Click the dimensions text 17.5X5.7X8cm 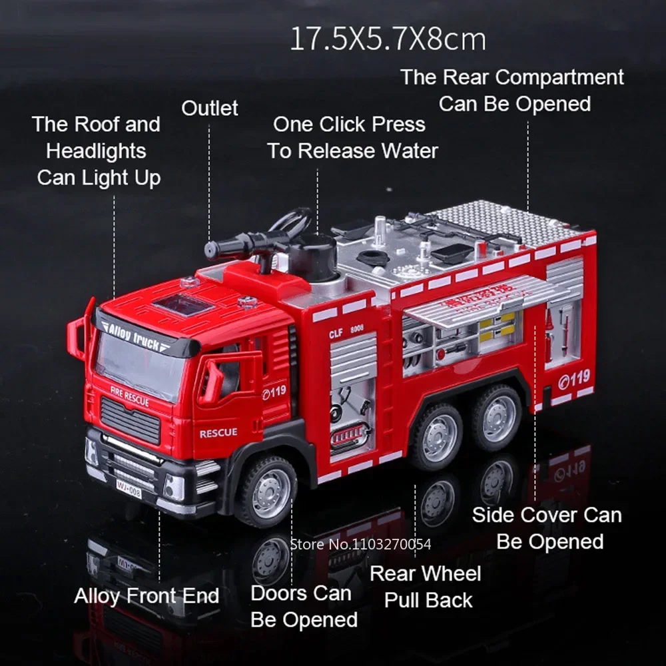[388, 41]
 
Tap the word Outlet [210, 109]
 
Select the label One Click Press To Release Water [352, 137]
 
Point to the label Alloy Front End [147, 595]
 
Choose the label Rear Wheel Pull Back [426, 586]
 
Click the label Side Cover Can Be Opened [547, 528]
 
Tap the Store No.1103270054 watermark [361, 544]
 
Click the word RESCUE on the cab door [218, 433]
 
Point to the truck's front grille [131, 420]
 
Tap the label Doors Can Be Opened [304, 606]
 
